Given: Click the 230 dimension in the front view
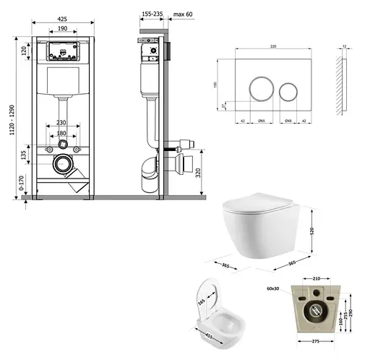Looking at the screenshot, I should [x=62, y=123].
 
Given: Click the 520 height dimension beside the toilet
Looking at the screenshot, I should [x=311, y=231].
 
